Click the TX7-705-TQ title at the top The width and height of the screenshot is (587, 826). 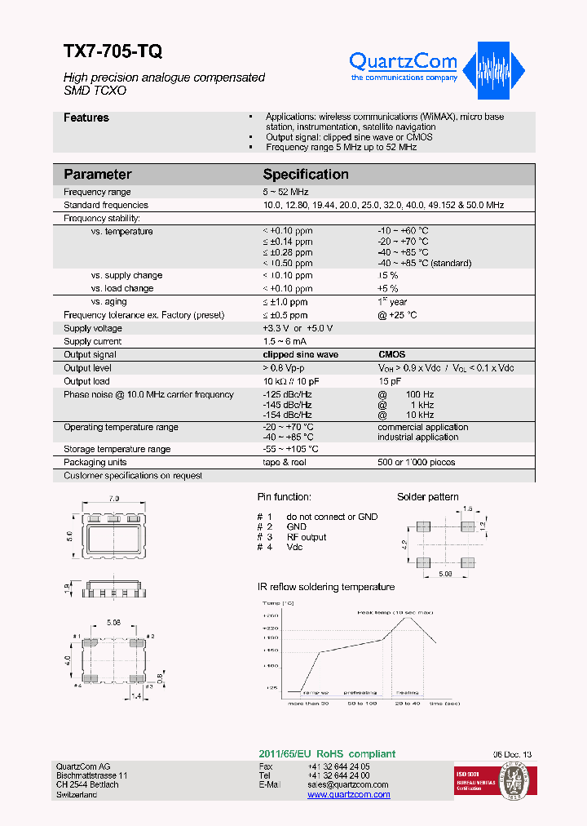113,51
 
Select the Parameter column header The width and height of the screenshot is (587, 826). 97,174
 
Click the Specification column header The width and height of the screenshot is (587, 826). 305,174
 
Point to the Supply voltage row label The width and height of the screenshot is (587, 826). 93,328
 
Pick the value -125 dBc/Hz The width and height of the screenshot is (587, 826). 287,394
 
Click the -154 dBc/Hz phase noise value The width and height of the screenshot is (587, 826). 287,415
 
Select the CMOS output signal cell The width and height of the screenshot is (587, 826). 391,355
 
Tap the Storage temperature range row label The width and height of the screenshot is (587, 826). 117,449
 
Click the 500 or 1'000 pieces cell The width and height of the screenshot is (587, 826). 416,462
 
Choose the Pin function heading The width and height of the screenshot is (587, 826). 284,496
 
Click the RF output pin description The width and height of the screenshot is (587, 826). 306,537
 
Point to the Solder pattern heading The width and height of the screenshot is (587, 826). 427,496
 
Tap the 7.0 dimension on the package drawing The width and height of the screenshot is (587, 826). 113,498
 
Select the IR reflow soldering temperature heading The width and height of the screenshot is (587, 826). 325,587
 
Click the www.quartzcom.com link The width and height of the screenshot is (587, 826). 348,795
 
